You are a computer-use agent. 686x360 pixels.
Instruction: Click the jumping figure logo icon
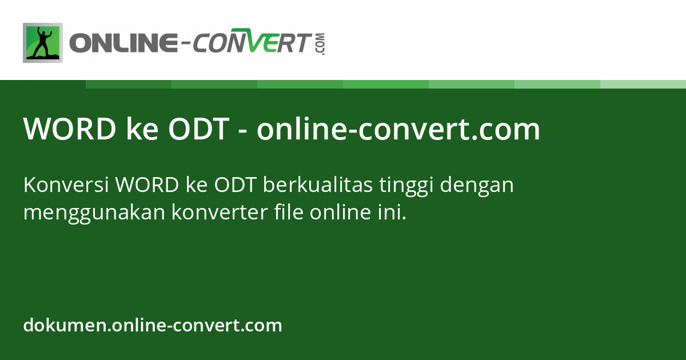coord(43,43)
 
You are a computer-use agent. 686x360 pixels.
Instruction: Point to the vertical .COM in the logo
coord(320,44)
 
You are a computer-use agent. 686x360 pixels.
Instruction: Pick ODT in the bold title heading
coord(198,130)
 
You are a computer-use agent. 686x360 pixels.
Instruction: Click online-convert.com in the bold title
coord(398,130)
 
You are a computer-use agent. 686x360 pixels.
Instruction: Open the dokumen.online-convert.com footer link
coord(153,326)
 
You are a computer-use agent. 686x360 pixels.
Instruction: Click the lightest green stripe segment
coord(643,84)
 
